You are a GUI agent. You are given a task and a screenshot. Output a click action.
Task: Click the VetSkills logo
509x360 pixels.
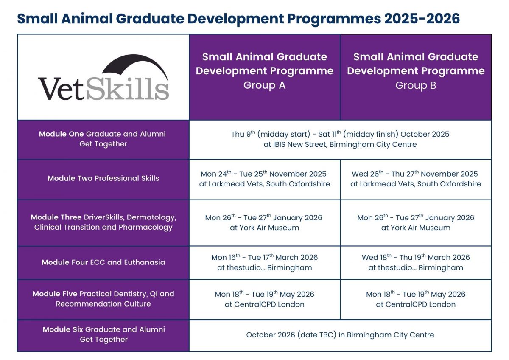click(103, 77)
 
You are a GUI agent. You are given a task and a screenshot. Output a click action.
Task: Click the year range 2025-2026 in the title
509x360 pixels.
click(422, 19)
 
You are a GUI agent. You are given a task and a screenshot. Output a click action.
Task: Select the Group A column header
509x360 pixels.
click(265, 71)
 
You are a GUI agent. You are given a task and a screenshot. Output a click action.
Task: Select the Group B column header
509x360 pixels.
click(416, 71)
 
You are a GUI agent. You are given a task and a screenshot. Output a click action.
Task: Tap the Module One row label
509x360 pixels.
click(103, 139)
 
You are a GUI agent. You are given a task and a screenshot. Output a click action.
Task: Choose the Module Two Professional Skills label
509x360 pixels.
click(103, 178)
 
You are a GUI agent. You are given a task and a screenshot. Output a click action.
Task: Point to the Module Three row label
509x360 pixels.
click(103, 222)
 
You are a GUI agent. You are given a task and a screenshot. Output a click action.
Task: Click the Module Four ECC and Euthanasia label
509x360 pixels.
click(103, 262)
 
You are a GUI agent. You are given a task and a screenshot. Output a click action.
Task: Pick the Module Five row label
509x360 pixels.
click(103, 299)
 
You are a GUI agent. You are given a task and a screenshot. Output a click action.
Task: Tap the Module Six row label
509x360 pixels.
click(104, 334)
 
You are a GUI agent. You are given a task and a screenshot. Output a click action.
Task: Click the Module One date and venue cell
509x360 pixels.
click(340, 139)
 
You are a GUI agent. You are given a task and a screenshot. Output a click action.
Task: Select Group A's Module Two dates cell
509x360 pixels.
click(265, 179)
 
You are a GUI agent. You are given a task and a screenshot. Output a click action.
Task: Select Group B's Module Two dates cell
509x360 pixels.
click(416, 179)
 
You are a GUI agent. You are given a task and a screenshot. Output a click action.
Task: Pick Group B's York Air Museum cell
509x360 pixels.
click(416, 222)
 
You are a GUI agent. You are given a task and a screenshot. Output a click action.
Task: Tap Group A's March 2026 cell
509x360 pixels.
click(265, 262)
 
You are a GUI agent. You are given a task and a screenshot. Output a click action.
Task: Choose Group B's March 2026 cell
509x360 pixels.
click(416, 262)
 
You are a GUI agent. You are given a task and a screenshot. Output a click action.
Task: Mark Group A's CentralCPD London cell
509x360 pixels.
click(265, 299)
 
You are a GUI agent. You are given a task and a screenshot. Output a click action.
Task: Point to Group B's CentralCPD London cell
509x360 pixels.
click(416, 299)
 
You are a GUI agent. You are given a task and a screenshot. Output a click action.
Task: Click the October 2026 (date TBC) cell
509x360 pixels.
click(340, 335)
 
